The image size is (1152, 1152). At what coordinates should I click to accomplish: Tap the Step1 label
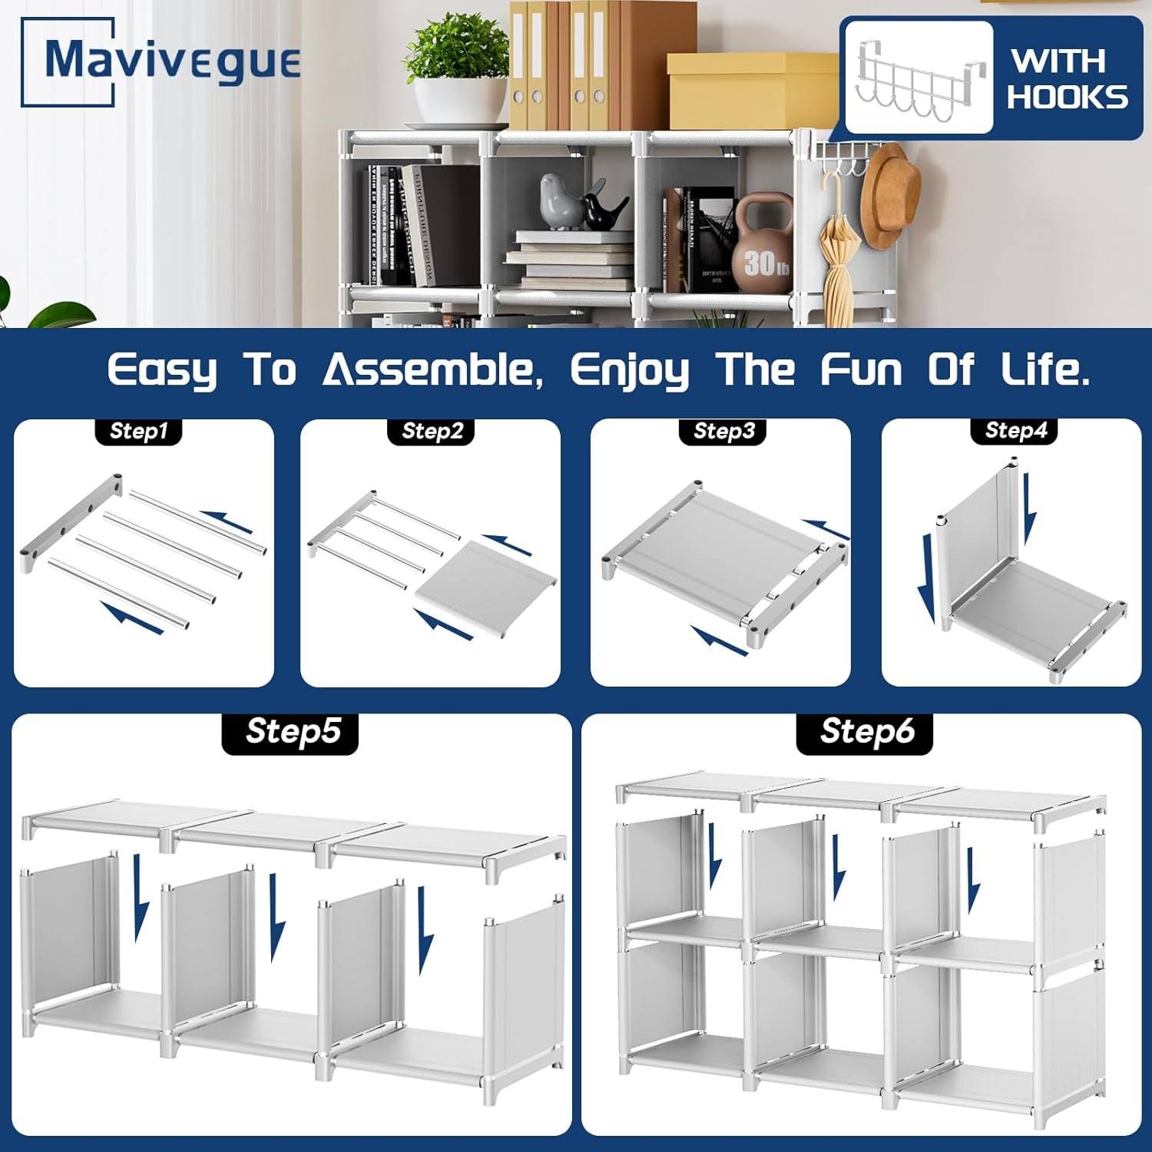pos(138,431)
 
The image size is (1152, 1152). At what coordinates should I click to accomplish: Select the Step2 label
pos(432,431)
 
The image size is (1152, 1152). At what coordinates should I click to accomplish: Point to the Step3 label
pos(723,431)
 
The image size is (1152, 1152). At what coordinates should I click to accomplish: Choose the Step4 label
pos(1015,430)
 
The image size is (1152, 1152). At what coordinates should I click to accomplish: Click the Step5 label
pos(292,731)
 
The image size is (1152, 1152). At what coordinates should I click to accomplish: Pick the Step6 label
pos(866,731)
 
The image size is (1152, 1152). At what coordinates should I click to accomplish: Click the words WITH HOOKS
pos(1068,79)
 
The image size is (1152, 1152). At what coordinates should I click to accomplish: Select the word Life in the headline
pos(1044,370)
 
